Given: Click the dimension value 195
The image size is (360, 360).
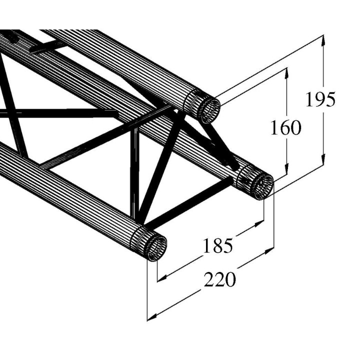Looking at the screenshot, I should (x=320, y=100).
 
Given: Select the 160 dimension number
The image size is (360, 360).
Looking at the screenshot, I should (x=286, y=128).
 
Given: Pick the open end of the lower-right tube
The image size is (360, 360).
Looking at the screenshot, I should (x=261, y=185).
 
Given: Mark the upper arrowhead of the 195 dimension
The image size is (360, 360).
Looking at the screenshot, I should (x=324, y=40).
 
